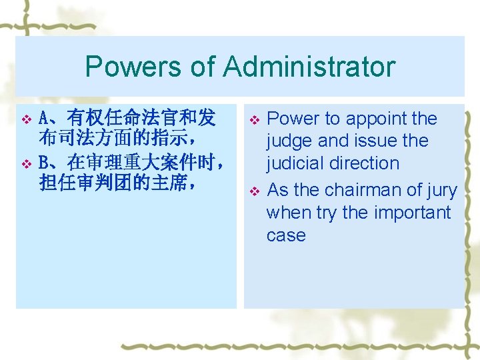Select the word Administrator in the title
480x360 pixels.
pos(309,67)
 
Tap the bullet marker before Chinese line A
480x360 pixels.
pos(27,119)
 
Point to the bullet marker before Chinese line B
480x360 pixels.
pos(27,163)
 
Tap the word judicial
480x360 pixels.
pos(295,163)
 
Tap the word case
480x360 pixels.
pos(286,235)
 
